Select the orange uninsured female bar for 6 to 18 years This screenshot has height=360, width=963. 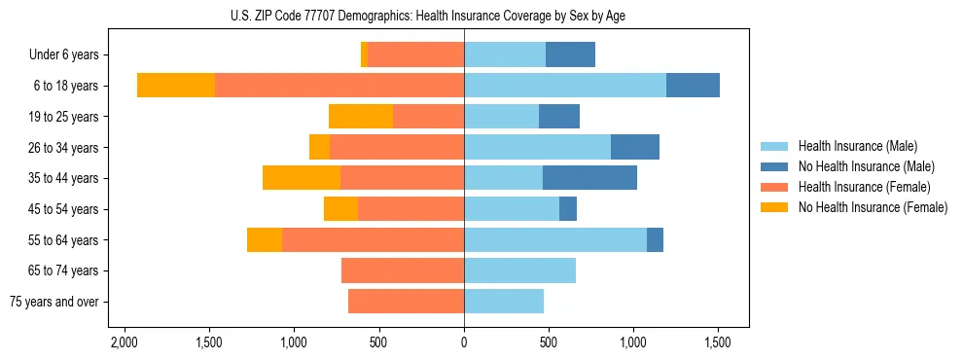[x=176, y=86]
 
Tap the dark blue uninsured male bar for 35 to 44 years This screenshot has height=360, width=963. [x=589, y=178]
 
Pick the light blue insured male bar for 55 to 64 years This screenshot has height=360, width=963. [x=555, y=239]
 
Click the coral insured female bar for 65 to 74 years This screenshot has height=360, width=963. [x=403, y=270]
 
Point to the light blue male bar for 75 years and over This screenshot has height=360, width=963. [x=504, y=302]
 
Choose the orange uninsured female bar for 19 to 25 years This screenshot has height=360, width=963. [x=361, y=117]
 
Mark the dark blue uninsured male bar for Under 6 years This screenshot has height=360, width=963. [x=570, y=55]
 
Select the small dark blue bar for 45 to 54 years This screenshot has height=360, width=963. [x=568, y=209]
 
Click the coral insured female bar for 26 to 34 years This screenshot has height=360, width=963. [x=397, y=147]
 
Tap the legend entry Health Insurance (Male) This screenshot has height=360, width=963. [x=857, y=146]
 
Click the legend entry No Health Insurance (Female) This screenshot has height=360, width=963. [x=873, y=207]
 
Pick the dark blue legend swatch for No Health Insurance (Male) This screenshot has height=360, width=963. [x=774, y=166]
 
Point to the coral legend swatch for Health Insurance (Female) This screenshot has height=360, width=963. [x=774, y=187]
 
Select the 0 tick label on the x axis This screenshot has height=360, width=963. [x=464, y=343]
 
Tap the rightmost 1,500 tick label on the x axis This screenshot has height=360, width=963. [x=718, y=343]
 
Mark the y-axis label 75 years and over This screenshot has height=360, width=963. [x=54, y=302]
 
